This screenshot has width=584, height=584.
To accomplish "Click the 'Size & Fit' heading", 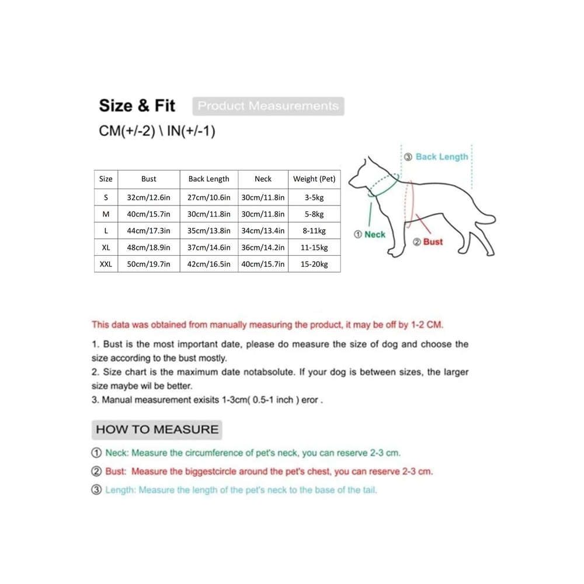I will pyautogui.click(x=137, y=106).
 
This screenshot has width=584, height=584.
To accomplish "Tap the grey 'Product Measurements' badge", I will pyautogui.click(x=268, y=106).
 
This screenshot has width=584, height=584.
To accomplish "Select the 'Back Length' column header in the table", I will pyautogui.click(x=208, y=179).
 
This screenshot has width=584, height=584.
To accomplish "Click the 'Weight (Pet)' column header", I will pyautogui.click(x=314, y=179).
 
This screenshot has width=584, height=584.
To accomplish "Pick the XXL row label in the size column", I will pyautogui.click(x=106, y=265).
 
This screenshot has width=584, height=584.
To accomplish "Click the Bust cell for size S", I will pyautogui.click(x=148, y=198).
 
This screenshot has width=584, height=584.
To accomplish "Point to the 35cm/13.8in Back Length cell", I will pyautogui.click(x=208, y=231).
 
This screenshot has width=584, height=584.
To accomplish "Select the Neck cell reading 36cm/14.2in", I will pyautogui.click(x=263, y=248).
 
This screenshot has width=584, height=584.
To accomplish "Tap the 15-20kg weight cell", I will pyautogui.click(x=314, y=265).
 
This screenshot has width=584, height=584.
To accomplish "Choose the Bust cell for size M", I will pyautogui.click(x=148, y=214).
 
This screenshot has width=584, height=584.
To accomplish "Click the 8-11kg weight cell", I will pyautogui.click(x=314, y=231).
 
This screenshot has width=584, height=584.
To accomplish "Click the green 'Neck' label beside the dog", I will pyautogui.click(x=374, y=234).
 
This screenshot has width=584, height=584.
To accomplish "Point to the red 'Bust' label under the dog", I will pyautogui.click(x=433, y=242).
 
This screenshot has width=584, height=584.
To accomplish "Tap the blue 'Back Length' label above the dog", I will pyautogui.click(x=442, y=157).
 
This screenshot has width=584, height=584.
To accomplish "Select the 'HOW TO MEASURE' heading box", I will pyautogui.click(x=157, y=430).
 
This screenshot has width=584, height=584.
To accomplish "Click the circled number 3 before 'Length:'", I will pyautogui.click(x=96, y=490).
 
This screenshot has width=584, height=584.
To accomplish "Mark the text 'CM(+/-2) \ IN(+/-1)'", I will pyautogui.click(x=157, y=131).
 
